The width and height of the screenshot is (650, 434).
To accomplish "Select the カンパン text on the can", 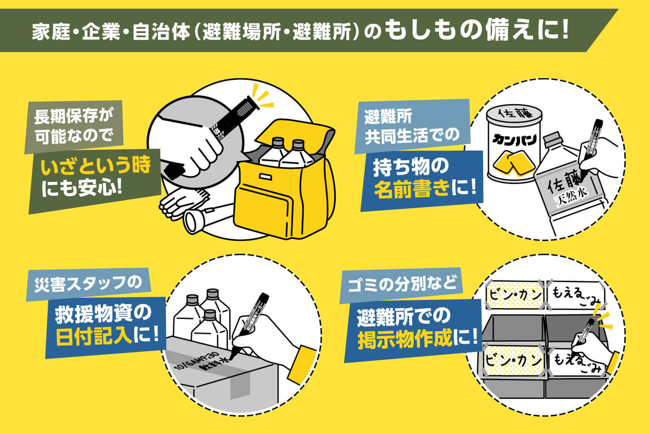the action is pos(514,140).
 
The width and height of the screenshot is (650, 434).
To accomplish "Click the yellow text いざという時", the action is pos(96,165).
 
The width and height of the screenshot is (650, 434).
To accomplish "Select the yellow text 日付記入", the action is pos(94,336).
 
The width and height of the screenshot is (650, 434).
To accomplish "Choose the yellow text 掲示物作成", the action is pos(405,339).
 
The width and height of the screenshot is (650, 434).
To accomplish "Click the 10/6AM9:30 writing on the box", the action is pos(197,360).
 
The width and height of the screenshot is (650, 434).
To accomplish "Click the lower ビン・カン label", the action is pos(513,360).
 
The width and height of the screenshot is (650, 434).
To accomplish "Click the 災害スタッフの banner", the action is pos(88,284).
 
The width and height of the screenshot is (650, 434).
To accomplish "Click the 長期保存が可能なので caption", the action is pos(74,127).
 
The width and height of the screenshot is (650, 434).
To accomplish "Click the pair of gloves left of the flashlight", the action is pos(184,203).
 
